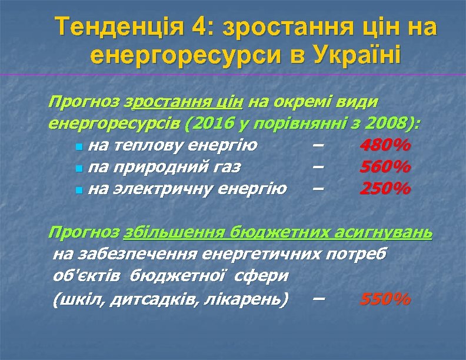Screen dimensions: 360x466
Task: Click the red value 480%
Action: [385, 145]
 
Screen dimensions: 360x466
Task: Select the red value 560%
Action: [385, 167]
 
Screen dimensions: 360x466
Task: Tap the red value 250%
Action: [385, 189]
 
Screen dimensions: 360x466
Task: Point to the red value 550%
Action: [385, 299]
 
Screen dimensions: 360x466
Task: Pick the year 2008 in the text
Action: [390, 124]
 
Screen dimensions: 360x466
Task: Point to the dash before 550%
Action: [318, 298]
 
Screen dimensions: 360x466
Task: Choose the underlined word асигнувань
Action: [383, 233]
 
